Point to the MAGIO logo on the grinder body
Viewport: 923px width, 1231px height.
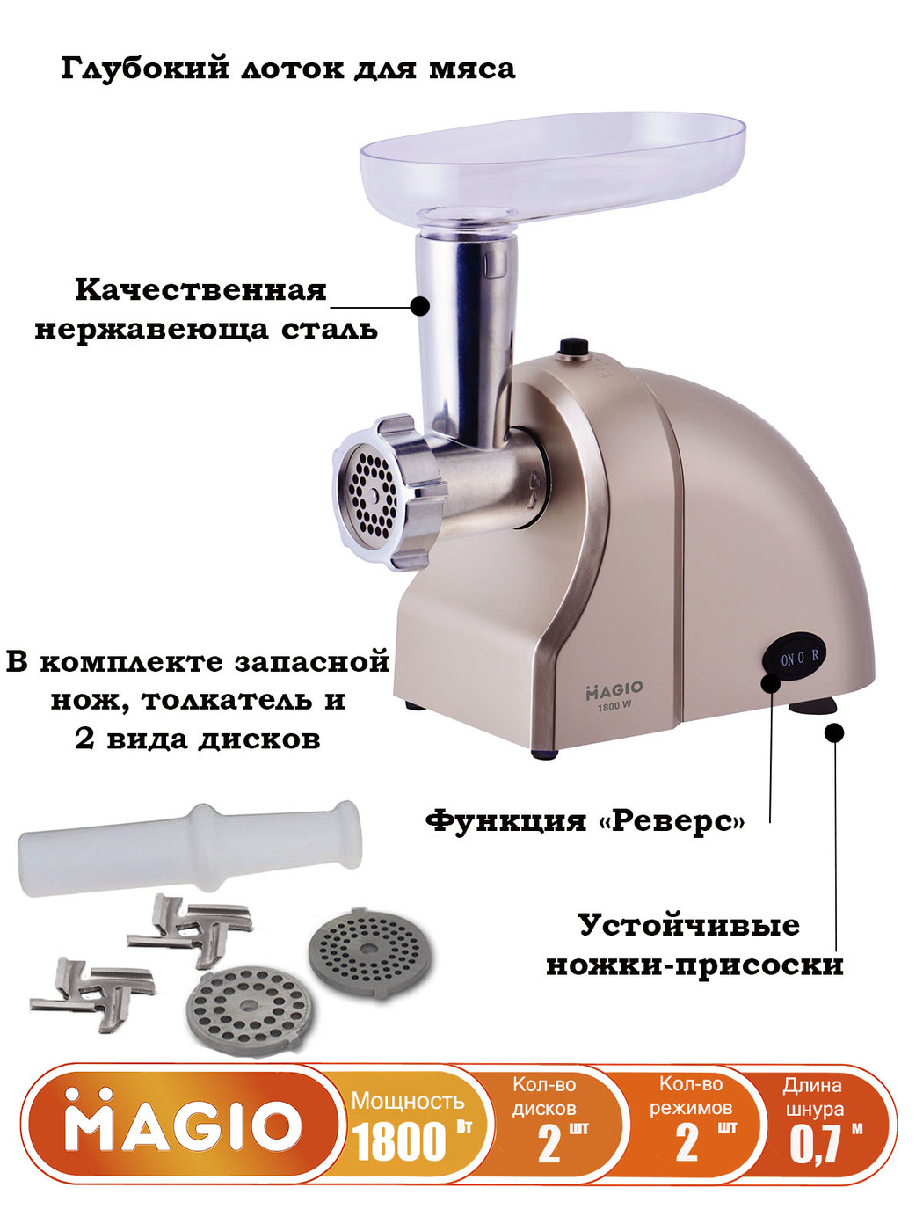(614, 691)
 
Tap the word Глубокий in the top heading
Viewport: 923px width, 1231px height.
(144, 69)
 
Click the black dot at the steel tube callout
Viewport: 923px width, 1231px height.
(420, 306)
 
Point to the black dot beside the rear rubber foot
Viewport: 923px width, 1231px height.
(835, 733)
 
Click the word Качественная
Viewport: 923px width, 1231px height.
(200, 290)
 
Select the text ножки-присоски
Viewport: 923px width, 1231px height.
(694, 965)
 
